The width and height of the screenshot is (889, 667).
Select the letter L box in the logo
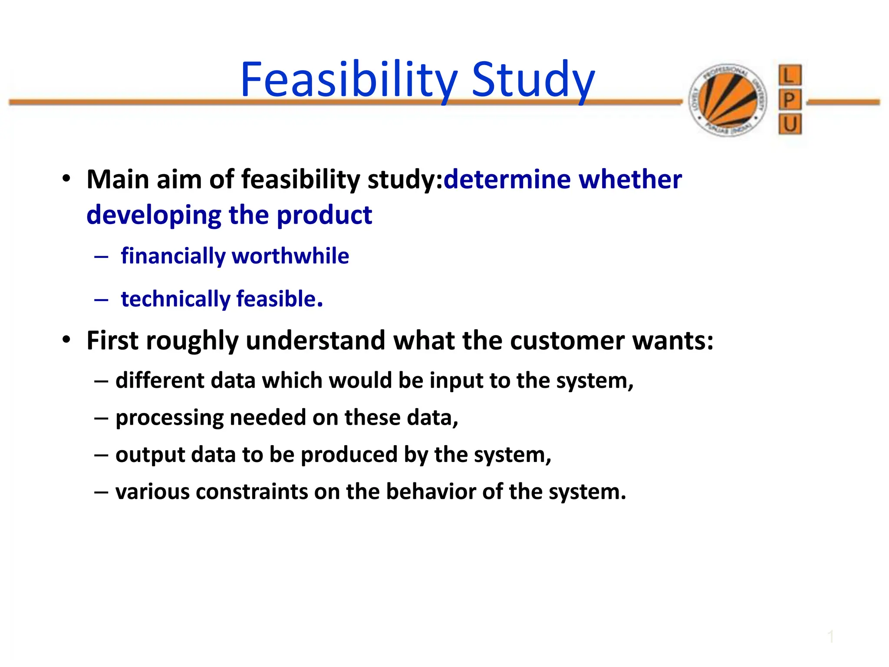[790, 76]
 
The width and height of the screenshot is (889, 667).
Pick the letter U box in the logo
[790, 125]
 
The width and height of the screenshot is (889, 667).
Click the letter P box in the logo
[790, 100]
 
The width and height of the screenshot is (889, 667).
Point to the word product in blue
[324, 215]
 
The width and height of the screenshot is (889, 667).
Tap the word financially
[173, 256]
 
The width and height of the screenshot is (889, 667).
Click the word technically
[175, 299]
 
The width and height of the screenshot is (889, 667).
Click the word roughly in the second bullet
[192, 341]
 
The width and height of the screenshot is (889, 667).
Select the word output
[150, 455]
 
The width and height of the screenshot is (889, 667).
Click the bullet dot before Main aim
[66, 179]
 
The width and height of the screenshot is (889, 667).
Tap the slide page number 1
[830, 637]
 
